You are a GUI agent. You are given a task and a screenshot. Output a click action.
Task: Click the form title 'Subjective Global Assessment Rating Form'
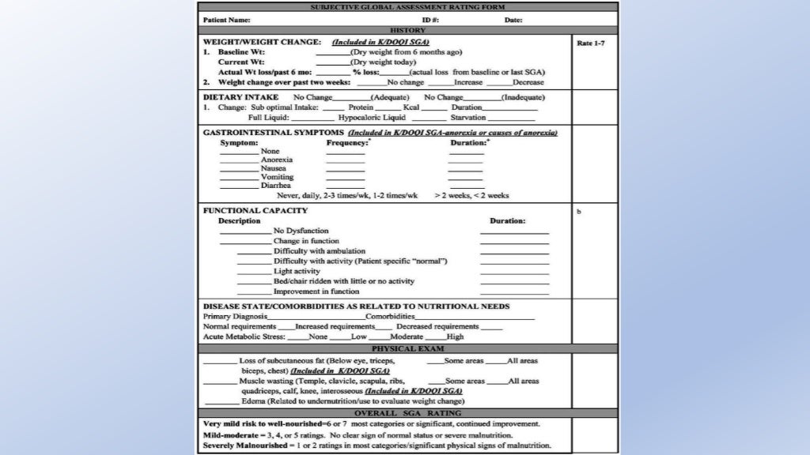point(407,7)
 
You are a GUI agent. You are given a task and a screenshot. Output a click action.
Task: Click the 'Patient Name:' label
point(227,20)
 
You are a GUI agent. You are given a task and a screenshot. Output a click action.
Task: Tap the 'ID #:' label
point(430,20)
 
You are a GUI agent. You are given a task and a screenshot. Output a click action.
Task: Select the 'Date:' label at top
point(513,20)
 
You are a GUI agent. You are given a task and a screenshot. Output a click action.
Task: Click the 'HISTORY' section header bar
point(407,30)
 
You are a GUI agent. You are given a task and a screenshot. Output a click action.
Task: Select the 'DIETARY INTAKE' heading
point(240,97)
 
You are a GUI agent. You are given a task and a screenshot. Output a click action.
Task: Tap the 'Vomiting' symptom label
point(277,177)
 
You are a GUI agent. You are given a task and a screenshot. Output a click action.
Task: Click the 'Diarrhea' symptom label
point(277,186)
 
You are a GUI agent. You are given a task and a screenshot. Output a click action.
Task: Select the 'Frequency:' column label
point(347,143)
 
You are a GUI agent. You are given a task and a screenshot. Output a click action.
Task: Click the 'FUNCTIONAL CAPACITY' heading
point(255,211)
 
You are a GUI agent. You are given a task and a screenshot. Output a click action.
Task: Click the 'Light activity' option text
point(297,271)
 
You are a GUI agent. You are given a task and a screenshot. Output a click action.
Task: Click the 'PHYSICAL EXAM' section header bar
point(407,348)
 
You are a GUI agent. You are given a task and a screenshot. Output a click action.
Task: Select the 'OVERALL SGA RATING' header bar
point(407,413)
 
